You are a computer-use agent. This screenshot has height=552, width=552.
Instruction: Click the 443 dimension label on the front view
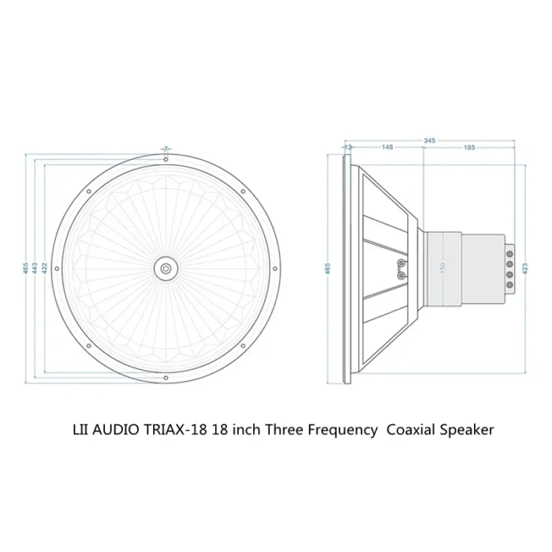click(35, 268)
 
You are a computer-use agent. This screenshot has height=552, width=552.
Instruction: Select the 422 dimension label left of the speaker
click(45, 268)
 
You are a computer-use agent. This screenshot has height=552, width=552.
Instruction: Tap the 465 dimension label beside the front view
click(25, 268)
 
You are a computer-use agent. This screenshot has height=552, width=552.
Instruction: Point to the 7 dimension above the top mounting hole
click(166, 148)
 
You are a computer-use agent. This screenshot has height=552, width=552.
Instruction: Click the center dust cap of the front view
click(166, 268)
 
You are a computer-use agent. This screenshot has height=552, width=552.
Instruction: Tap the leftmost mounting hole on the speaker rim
click(56, 268)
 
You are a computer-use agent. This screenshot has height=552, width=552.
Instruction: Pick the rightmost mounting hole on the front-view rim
click(275, 268)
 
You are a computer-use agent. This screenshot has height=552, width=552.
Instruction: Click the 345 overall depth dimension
click(429, 140)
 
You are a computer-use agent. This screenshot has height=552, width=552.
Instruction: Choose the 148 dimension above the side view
click(387, 147)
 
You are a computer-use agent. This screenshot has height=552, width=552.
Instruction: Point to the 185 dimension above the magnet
click(470, 147)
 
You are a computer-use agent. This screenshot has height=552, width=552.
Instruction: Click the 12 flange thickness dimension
click(347, 147)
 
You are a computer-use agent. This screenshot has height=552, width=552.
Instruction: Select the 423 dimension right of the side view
click(525, 268)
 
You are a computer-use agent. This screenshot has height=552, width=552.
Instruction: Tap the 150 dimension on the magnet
click(442, 268)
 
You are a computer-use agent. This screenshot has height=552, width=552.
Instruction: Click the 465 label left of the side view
click(328, 268)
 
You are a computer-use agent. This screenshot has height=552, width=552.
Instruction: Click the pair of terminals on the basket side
click(402, 268)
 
